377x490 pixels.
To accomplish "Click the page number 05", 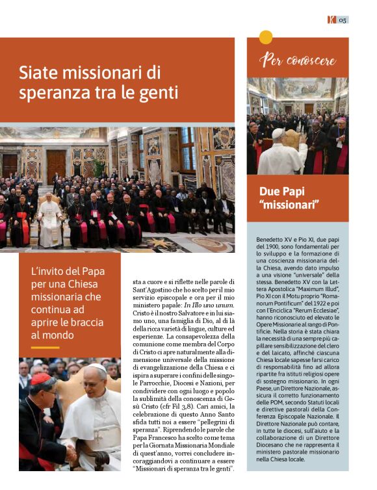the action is (x=342, y=19).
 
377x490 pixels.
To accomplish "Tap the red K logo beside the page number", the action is (x=331, y=19).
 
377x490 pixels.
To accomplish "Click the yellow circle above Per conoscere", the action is (x=266, y=37).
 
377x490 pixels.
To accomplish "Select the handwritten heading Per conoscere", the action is (x=297, y=61).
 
